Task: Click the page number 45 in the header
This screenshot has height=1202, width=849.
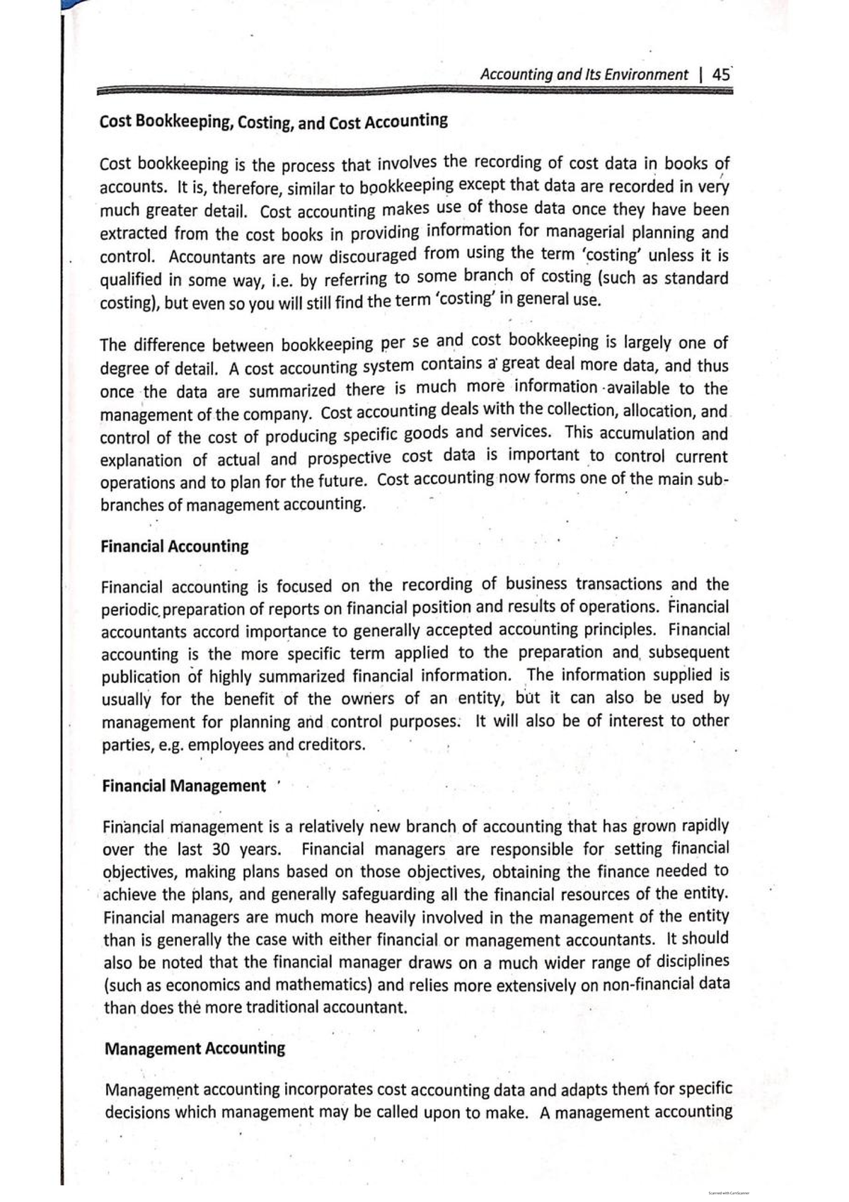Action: [722, 74]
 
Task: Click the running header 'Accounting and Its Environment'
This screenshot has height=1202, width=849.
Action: [584, 74]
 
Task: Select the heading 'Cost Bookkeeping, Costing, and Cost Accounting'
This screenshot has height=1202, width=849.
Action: [274, 122]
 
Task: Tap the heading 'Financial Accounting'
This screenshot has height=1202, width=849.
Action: [175, 546]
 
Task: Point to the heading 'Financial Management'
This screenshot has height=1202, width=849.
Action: [184, 786]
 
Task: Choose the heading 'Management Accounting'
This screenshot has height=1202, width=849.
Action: [195, 1048]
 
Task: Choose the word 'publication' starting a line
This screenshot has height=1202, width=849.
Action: [141, 677]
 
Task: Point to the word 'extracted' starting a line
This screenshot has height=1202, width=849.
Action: [134, 234]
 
